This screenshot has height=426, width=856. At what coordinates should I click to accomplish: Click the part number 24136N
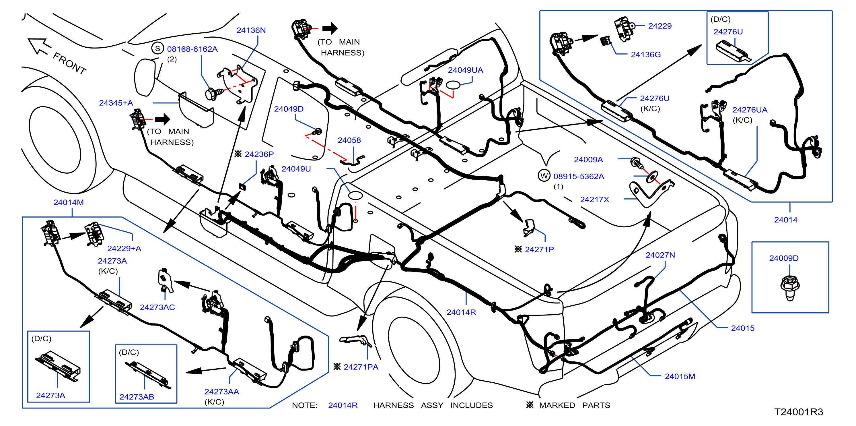point(251,30)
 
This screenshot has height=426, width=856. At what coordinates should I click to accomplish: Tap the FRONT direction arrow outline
point(39,47)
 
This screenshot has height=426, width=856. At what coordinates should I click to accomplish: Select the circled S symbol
point(157,49)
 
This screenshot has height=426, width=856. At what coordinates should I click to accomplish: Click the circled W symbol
point(544,176)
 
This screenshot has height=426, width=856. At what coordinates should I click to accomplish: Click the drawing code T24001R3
point(799,412)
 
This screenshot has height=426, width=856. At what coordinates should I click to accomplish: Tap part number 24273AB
point(137,397)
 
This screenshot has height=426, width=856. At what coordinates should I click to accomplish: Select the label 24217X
point(594,200)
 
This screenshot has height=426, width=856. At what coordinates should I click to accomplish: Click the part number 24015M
point(680,376)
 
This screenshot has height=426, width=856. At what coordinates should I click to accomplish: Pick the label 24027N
point(660,255)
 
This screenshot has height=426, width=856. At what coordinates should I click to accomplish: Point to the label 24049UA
point(465,70)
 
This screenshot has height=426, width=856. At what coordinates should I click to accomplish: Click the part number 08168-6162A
point(192,49)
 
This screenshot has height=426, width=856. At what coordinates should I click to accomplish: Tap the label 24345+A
point(116,103)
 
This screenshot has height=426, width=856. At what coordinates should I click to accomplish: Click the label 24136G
point(646,55)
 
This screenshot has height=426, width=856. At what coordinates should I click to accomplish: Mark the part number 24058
point(349,140)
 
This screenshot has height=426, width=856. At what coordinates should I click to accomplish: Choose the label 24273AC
point(157,307)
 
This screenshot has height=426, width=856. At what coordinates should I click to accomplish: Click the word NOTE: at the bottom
point(305,405)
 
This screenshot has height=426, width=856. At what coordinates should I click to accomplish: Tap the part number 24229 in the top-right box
point(660,26)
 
